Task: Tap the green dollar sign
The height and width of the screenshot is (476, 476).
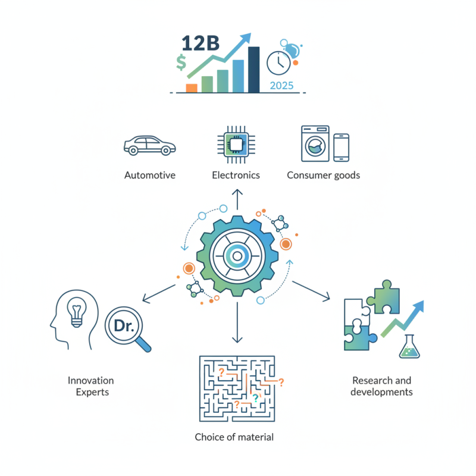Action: point(181,62)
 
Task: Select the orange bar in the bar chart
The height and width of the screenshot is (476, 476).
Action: point(192,87)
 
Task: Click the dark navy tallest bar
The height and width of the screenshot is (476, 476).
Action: point(254,70)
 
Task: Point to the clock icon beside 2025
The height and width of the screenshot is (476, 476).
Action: point(278,62)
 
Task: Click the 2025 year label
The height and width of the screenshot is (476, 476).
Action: point(281,85)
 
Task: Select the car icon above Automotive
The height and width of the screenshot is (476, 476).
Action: point(149,145)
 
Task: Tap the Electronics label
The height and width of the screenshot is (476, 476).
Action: point(236,175)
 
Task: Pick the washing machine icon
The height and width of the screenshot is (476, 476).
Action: point(315,143)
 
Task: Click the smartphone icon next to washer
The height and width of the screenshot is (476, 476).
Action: point(341,147)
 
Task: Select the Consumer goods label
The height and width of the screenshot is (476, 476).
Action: point(323,175)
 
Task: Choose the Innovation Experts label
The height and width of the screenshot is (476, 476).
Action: point(90,386)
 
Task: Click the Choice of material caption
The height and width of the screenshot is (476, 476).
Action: point(234,437)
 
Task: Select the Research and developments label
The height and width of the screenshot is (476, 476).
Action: point(381,386)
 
